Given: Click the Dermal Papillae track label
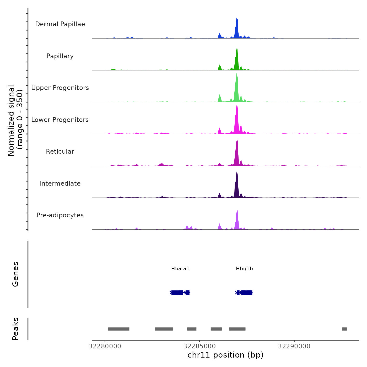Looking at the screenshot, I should click(60, 24).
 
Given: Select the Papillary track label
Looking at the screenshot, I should click(60, 56).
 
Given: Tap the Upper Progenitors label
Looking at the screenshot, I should click(60, 88).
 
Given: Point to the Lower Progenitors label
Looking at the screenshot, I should click(60, 120).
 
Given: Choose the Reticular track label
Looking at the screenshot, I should click(60, 152).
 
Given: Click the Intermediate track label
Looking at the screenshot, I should click(60, 183).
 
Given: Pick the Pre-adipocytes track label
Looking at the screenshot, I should click(60, 215).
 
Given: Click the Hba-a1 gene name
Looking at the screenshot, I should click(180, 269).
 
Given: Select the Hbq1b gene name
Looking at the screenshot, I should click(244, 269).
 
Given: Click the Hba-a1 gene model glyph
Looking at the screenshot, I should click(180, 293).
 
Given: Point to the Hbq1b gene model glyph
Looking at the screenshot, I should click(244, 293).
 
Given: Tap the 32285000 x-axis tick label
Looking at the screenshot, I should click(199, 346).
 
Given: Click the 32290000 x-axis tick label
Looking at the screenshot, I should click(294, 346).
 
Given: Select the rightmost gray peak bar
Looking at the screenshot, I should click(344, 329).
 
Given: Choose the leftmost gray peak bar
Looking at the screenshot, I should click(118, 329).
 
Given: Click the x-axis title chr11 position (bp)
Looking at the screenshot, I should click(225, 355).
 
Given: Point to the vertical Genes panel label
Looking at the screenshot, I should click(15, 274).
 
